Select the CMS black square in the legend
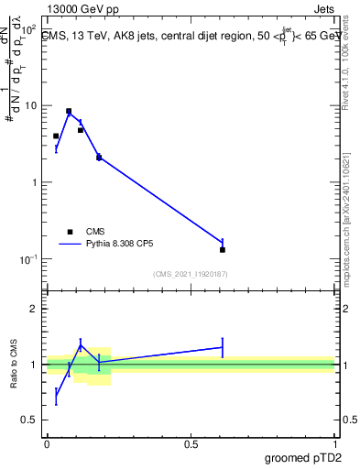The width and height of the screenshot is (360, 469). (x=70, y=232)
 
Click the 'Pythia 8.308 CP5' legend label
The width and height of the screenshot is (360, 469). (x=122, y=245)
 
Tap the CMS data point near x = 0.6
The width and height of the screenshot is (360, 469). (x=223, y=249)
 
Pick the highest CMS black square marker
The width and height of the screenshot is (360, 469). (x=69, y=111)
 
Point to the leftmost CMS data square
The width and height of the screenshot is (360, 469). (x=56, y=136)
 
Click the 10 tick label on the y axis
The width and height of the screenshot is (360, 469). (x=33, y=105)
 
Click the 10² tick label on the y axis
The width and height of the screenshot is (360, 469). (x=29, y=28)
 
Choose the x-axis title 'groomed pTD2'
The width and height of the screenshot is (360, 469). (x=305, y=457)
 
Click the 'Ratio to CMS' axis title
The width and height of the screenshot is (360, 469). (x=15, y=365)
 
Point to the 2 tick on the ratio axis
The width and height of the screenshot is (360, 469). (x=34, y=309)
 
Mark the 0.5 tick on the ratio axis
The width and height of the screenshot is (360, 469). (x=30, y=420)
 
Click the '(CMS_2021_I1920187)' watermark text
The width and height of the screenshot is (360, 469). (x=191, y=274)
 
